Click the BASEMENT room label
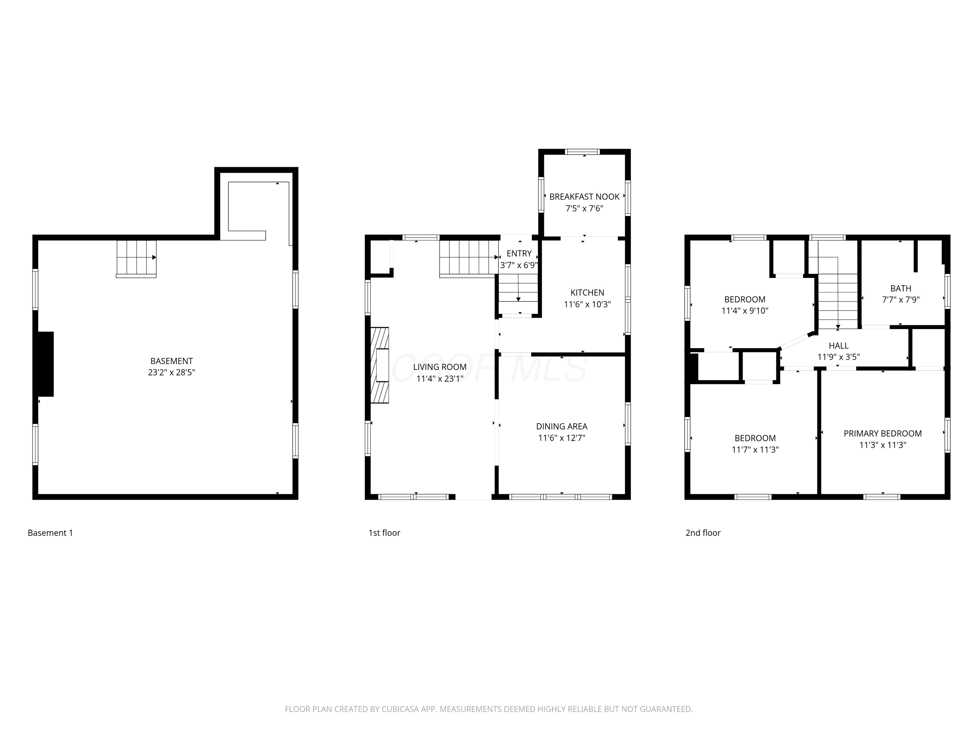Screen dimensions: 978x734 pyautogui.click(x=171, y=361)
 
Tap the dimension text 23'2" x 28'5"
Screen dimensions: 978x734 pyautogui.click(x=171, y=373)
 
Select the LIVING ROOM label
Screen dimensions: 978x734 pyautogui.click(x=440, y=367)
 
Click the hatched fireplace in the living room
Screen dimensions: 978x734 pyautogui.click(x=380, y=365)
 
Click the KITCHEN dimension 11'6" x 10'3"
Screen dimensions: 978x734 pyautogui.click(x=587, y=304)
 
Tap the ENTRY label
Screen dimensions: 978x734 pyautogui.click(x=519, y=253)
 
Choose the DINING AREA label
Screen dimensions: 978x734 pyautogui.click(x=562, y=426)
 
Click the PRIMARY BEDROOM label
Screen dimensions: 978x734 pyautogui.click(x=883, y=434)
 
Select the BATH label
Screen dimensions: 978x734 pyautogui.click(x=901, y=288)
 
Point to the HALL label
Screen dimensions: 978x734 pyautogui.click(x=839, y=345)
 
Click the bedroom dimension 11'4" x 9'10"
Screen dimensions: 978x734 pyautogui.click(x=745, y=311)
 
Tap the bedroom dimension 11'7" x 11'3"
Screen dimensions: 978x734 pyautogui.click(x=755, y=450)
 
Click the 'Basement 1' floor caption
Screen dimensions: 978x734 pyautogui.click(x=51, y=533)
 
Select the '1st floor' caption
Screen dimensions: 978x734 pyautogui.click(x=384, y=533)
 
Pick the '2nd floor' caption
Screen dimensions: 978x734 pyautogui.click(x=703, y=533)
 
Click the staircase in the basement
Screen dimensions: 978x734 pyautogui.click(x=136, y=259)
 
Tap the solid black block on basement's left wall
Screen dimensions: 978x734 pyautogui.click(x=46, y=364)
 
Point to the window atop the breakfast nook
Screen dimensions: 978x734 pyautogui.click(x=583, y=152)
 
